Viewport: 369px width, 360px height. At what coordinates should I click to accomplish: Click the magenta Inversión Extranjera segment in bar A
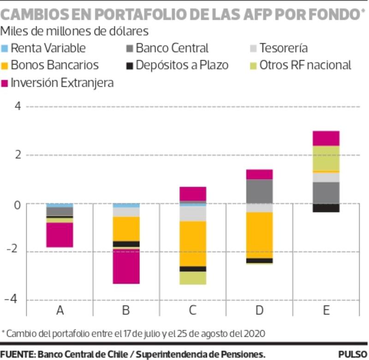(x=60, y=235)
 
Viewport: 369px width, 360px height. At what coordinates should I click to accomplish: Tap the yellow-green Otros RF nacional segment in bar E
(x=326, y=158)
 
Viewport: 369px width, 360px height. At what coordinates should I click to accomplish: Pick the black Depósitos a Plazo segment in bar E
(x=326, y=208)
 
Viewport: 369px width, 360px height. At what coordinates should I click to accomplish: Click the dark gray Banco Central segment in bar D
(x=259, y=191)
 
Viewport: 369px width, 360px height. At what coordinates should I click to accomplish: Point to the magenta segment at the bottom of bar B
(x=126, y=266)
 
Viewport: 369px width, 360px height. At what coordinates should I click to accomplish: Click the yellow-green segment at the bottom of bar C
(x=193, y=278)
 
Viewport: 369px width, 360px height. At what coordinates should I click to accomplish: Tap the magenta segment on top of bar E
(x=326, y=138)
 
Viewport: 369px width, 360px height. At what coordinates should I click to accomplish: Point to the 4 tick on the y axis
(x=18, y=106)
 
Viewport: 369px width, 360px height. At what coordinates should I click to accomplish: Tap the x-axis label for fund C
(x=193, y=310)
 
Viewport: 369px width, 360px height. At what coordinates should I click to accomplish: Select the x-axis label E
(x=326, y=310)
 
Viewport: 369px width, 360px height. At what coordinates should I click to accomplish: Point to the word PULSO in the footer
(x=353, y=354)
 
